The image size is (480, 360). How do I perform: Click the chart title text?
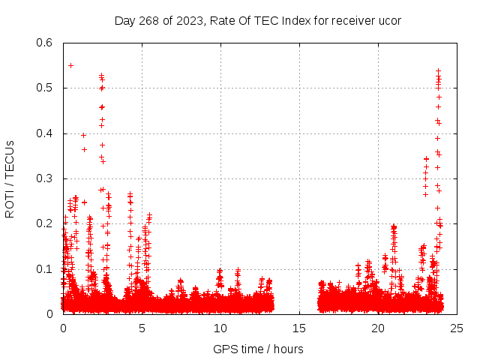coord(257,20)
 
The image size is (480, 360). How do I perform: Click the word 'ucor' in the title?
coord(388,20)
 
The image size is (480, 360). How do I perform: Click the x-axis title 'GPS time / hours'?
coord(258,349)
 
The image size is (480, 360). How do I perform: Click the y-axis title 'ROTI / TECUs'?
coord(10,178)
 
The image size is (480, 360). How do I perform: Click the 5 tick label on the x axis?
coord(142,328)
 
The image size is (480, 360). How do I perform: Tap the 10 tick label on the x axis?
coord(220,328)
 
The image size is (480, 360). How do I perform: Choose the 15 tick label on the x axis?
coord(299,328)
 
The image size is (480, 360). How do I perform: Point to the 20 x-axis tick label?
coord(378,328)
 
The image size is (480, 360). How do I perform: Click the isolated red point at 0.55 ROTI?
coord(70,65)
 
